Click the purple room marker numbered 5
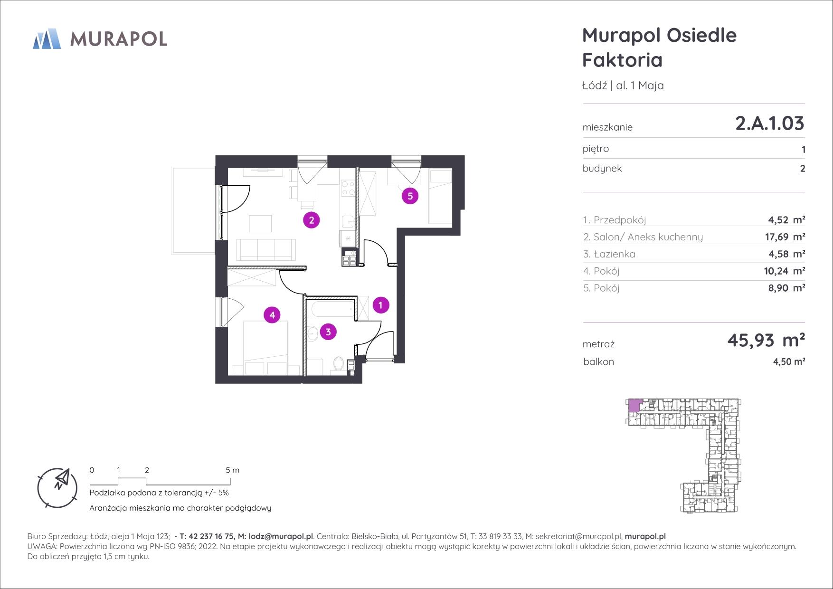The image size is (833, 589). point(410,196)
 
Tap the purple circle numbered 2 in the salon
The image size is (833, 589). point(312,220)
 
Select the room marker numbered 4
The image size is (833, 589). point(272,314)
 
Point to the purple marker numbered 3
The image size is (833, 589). point(328,332)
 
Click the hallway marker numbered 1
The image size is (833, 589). point(380,305)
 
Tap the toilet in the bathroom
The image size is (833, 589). point(339,364)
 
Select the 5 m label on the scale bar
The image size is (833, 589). point(233,470)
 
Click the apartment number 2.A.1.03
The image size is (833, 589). point(769,123)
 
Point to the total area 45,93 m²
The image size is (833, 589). point(766,340)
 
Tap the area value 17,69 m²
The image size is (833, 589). point(786,237)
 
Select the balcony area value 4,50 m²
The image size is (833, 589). point(789,361)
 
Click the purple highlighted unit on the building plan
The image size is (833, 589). point(634,406)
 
